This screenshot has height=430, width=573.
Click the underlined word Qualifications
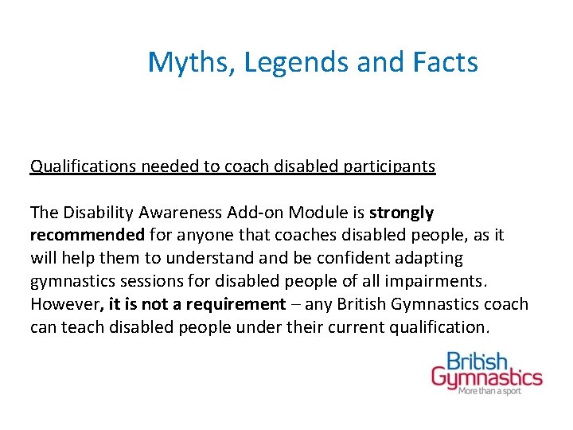(x=84, y=166)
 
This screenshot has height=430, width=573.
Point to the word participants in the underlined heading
(x=389, y=166)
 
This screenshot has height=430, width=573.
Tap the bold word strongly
(x=403, y=213)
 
